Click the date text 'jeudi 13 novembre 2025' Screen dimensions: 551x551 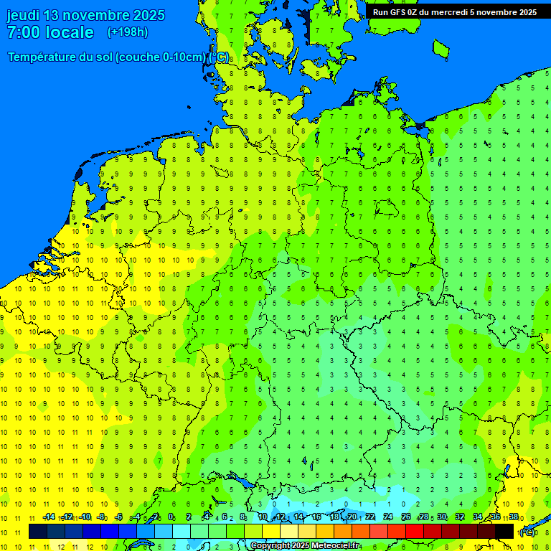tap(85, 15)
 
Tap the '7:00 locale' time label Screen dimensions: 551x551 tap(50, 32)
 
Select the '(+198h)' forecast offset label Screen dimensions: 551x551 tap(127, 32)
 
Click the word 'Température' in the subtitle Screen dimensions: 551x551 tap(42, 57)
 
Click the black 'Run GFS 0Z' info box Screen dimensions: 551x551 tap(454, 11)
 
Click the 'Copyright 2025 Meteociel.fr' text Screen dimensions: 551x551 tap(306, 546)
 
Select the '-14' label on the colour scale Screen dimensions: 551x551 tap(49, 517)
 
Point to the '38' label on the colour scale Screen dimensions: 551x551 tap(514, 517)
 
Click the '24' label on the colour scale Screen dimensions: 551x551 tap(388, 517)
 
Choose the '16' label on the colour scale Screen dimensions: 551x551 tap(316, 517)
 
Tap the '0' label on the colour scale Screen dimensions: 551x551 tap(171, 517)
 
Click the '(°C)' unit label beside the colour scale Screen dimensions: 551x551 tap(527, 532)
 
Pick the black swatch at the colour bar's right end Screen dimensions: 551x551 tap(504, 532)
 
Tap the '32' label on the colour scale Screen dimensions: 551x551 tap(460, 517)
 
